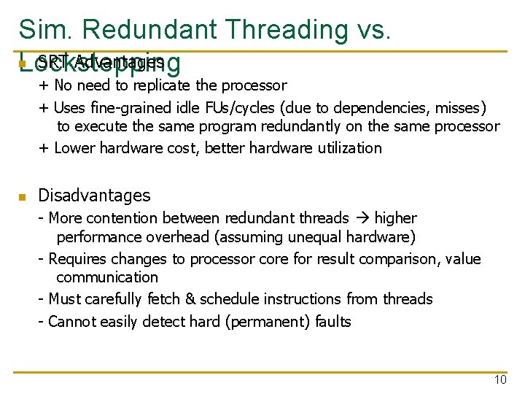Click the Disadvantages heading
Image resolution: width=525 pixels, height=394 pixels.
pyautogui.click(x=94, y=196)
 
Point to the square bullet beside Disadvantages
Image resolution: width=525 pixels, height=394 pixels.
pyautogui.click(x=23, y=197)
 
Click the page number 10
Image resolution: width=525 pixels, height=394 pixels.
pyautogui.click(x=500, y=379)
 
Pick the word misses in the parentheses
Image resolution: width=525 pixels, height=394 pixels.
pyautogui.click(x=459, y=108)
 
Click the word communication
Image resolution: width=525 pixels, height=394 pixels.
pyautogui.click(x=107, y=277)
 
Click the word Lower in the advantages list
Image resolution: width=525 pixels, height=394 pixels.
pyautogui.click(x=74, y=148)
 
